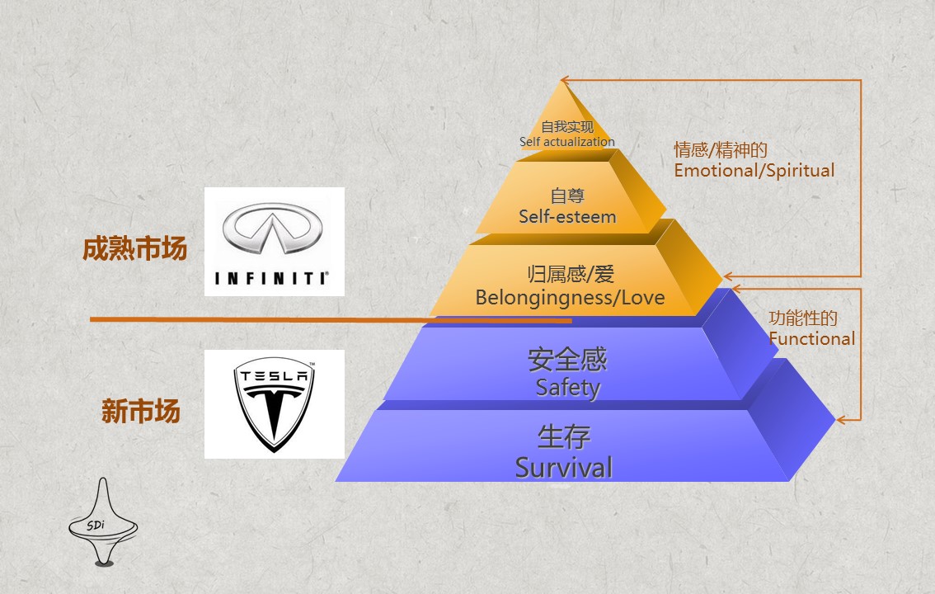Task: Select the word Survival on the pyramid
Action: point(564,467)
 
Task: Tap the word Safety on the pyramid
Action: point(567,386)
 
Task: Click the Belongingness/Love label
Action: point(570,297)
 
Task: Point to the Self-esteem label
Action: point(567,217)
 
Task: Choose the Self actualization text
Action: point(566,142)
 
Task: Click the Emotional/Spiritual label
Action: point(754,171)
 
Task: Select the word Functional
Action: point(811,338)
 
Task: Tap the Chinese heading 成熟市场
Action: point(134,249)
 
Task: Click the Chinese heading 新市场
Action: point(140,411)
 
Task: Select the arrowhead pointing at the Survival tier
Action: point(842,419)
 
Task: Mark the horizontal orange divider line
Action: point(330,319)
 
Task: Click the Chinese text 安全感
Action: point(567,360)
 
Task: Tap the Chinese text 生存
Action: point(564,436)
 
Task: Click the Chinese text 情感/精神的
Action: point(721,150)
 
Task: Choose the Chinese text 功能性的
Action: point(803,318)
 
